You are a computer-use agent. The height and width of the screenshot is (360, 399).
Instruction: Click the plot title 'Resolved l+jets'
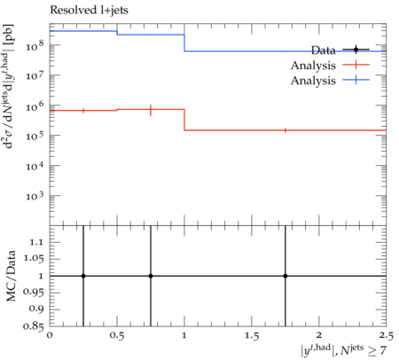click(x=89, y=11)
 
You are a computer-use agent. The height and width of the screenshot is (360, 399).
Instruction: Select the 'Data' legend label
click(x=323, y=51)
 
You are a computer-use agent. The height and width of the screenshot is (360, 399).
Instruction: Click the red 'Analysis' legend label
click(x=313, y=66)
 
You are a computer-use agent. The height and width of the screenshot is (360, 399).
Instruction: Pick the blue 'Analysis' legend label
click(x=313, y=81)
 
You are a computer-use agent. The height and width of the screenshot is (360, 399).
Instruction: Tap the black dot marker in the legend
click(x=356, y=50)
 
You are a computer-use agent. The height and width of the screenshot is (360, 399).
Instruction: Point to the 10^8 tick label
click(x=35, y=45)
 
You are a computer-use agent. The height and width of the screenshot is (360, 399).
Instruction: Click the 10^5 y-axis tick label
click(x=35, y=136)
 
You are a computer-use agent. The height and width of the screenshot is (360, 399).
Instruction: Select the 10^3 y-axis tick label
click(x=35, y=196)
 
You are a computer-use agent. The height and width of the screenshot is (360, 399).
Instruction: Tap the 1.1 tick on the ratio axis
click(x=36, y=242)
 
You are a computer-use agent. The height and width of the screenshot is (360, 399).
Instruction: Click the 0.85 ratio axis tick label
click(x=33, y=326)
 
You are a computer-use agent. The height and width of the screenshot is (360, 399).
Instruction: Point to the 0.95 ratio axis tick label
click(x=33, y=293)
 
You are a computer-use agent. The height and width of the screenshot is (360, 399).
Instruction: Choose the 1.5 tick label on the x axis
click(x=252, y=336)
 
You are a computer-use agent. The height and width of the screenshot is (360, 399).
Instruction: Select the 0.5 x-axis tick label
click(x=117, y=336)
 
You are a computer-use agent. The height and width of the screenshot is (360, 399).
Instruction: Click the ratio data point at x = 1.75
click(x=286, y=276)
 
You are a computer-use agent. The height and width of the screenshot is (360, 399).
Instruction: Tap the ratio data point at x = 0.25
click(x=83, y=276)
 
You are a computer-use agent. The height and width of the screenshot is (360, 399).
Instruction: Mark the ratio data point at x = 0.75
click(x=151, y=276)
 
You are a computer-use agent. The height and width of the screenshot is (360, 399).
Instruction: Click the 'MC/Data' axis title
click(x=12, y=276)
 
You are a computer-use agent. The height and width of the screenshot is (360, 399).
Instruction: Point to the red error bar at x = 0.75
click(x=151, y=110)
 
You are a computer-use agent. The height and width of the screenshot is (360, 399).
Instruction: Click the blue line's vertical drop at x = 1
click(x=184, y=43)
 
